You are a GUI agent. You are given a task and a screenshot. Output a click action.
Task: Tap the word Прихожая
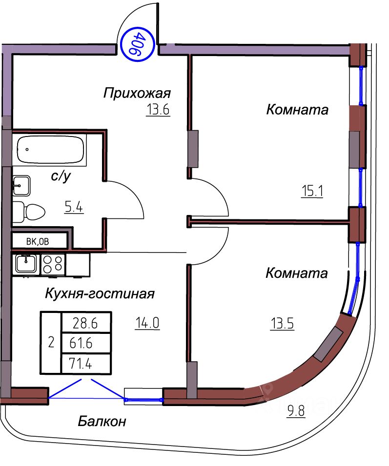pyautogui.click(x=137, y=93)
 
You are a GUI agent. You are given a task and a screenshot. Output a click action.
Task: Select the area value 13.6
pyautogui.click(x=157, y=110)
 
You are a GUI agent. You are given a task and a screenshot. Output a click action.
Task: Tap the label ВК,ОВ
pyautogui.click(x=38, y=240)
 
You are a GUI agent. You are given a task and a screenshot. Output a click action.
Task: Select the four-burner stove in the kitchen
pyautogui.click(x=53, y=264)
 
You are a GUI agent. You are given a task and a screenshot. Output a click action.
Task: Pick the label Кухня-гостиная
pyautogui.click(x=100, y=294)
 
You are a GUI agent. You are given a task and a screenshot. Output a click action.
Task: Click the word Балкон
pyautogui.click(x=102, y=421)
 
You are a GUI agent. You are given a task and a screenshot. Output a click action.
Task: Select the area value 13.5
pyautogui.click(x=282, y=323)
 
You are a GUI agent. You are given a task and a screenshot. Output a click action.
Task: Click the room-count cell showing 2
pyautogui.click(x=51, y=343)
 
